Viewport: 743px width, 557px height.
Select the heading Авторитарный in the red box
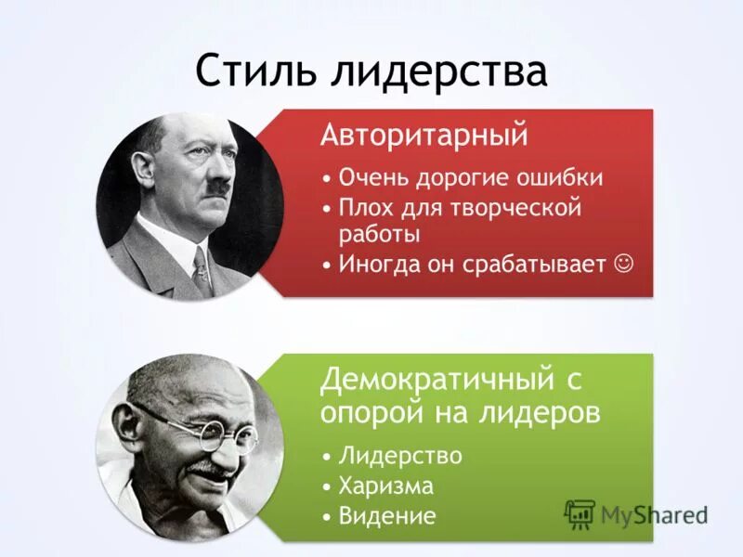pos(424,136)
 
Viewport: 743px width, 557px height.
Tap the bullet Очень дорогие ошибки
pos(471,177)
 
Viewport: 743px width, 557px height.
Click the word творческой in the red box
pos(515,207)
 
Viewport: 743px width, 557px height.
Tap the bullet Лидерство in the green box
pos(400,457)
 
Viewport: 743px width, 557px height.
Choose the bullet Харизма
pos(387,486)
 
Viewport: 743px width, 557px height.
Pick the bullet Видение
pos(387,515)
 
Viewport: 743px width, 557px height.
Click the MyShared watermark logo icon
pos(580,512)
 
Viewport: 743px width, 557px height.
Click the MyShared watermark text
pos(654,513)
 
